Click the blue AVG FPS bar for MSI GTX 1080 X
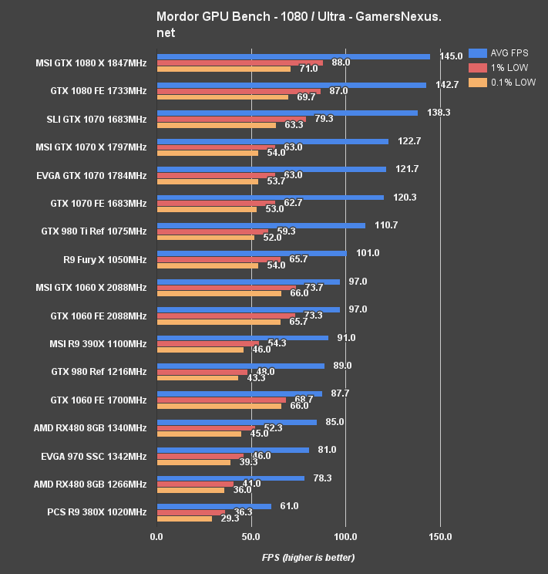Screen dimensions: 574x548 point(293,56)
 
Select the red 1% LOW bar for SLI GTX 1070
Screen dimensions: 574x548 point(231,119)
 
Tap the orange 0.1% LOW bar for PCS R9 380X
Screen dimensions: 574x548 point(184,518)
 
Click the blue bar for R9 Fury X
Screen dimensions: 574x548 point(251,253)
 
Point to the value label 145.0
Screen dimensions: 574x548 point(451,56)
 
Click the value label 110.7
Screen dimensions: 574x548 point(386,225)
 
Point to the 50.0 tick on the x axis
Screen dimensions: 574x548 point(251,536)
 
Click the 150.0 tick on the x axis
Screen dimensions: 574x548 point(440,536)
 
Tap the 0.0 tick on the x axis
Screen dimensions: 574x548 point(156,536)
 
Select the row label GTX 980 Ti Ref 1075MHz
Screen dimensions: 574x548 point(93,231)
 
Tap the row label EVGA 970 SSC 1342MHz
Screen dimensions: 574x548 point(93,456)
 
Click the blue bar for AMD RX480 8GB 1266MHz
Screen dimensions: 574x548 point(230,478)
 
